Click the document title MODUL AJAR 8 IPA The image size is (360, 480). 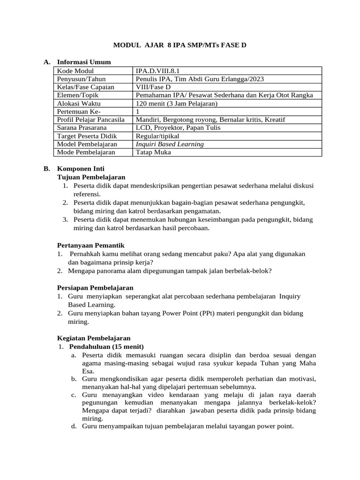pyautogui.click(x=180, y=45)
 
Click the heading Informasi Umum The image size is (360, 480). pyautogui.click(x=84, y=62)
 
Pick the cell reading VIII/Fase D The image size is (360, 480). pyautogui.click(x=153, y=87)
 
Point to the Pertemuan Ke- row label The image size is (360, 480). pyautogui.click(x=79, y=112)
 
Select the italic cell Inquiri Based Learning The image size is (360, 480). pyautogui.click(x=170, y=144)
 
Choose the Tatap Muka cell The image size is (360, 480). pyautogui.click(x=153, y=152)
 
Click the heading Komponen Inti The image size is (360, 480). pyautogui.click(x=81, y=169)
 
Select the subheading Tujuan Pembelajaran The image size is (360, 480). pyautogui.click(x=91, y=177)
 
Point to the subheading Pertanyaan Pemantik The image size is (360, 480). pyautogui.click(x=90, y=245)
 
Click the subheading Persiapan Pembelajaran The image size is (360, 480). pyautogui.click(x=95, y=287)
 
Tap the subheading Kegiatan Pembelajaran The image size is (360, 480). pyautogui.click(x=94, y=338)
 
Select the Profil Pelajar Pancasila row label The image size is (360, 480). pyautogui.click(x=90, y=120)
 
